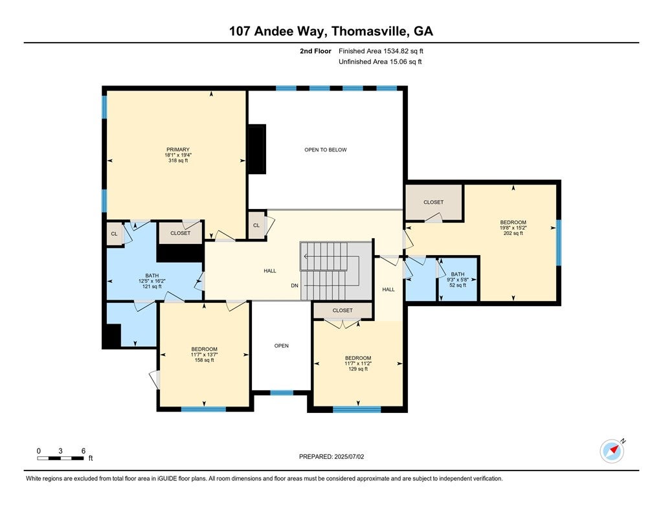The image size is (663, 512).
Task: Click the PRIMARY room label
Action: click(x=177, y=150)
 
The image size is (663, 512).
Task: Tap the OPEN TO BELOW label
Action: click(x=326, y=150)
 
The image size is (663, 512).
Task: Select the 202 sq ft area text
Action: click(x=513, y=233)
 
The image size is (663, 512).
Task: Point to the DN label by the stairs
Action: click(x=295, y=285)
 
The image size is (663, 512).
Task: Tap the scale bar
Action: click(x=60, y=458)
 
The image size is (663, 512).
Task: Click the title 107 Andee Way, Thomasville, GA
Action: click(x=331, y=31)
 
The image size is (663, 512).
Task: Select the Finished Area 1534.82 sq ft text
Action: click(x=381, y=50)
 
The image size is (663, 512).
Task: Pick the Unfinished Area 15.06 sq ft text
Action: click(x=380, y=61)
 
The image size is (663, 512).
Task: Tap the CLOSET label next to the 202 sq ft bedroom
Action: click(x=434, y=202)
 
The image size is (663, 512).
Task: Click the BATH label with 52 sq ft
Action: click(x=458, y=274)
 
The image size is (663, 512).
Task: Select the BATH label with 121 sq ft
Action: click(x=152, y=275)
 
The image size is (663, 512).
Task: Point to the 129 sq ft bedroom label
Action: click(x=358, y=358)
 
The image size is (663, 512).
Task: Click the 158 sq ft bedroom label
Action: click(x=204, y=349)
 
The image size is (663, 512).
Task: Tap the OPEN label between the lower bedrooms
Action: click(x=281, y=346)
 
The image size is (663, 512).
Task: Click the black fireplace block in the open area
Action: click(x=257, y=149)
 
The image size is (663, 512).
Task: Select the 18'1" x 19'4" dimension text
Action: click(x=177, y=155)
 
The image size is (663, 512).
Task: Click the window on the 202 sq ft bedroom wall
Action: click(x=559, y=243)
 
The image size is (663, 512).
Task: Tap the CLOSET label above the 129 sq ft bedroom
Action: click(x=343, y=310)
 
